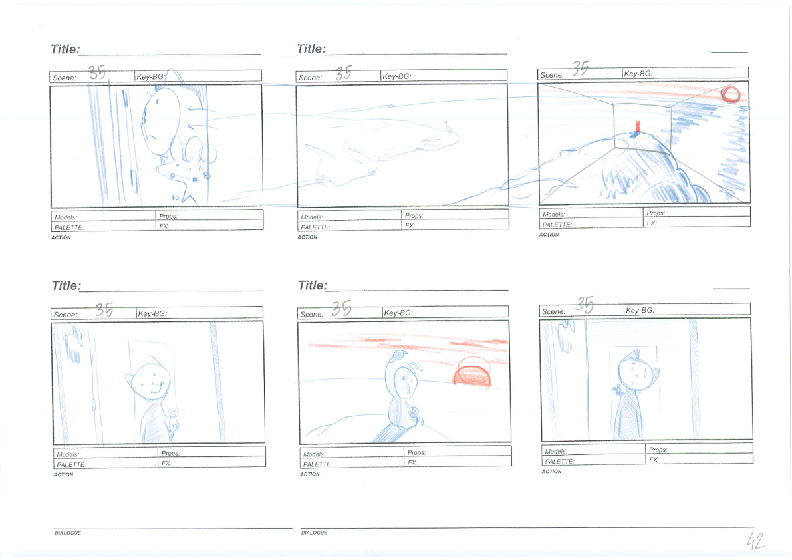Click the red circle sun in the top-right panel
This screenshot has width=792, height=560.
click(730, 94)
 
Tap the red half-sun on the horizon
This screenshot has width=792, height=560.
click(471, 372)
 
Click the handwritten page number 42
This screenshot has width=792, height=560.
click(755, 540)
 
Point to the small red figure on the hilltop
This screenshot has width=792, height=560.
click(638, 126)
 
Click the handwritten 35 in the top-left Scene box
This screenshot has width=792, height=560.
click(97, 72)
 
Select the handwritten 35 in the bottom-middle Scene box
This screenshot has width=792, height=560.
click(341, 308)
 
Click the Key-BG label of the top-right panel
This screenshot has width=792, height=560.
click(638, 74)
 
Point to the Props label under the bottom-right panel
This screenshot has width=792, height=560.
click(658, 450)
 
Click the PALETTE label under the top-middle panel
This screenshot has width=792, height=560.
click(315, 227)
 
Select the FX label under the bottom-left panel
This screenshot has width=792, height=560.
click(166, 463)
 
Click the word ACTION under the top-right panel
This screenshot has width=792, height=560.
click(549, 235)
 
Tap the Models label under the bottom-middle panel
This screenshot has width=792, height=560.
click(314, 454)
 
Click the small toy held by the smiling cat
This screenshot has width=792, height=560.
click(174, 419)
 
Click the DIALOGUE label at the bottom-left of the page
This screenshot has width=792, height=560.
click(68, 533)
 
